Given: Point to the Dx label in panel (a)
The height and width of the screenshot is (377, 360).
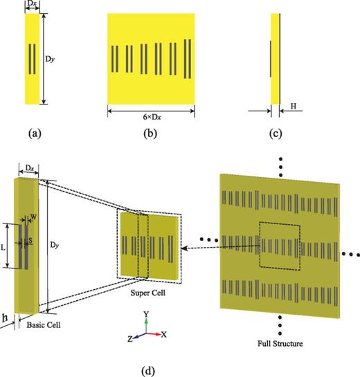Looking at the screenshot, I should tap(32, 5).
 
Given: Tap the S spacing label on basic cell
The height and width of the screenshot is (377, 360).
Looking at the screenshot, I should tap(31, 241).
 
